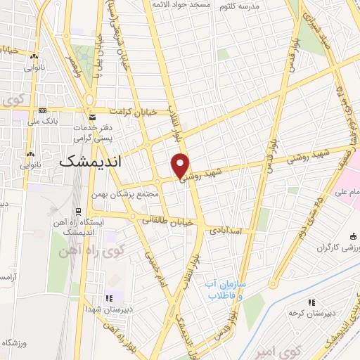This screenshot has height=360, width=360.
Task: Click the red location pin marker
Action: coord(180,165)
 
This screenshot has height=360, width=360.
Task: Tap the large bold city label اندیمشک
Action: coord(90,161)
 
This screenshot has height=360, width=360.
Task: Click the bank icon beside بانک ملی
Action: coord(44,110)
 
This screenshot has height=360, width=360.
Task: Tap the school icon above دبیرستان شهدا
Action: coord(108,298)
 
